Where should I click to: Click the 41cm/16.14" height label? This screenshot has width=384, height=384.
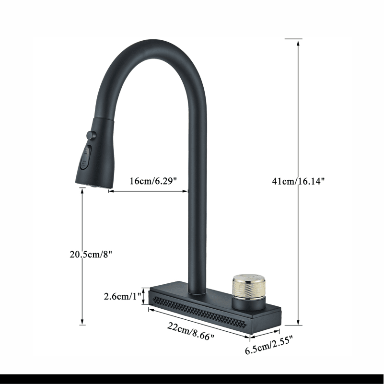[298, 181]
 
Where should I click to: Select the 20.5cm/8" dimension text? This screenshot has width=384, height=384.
[91, 254]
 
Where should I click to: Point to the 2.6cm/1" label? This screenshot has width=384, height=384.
[121, 296]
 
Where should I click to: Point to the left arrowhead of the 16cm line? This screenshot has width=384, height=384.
[111, 191]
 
